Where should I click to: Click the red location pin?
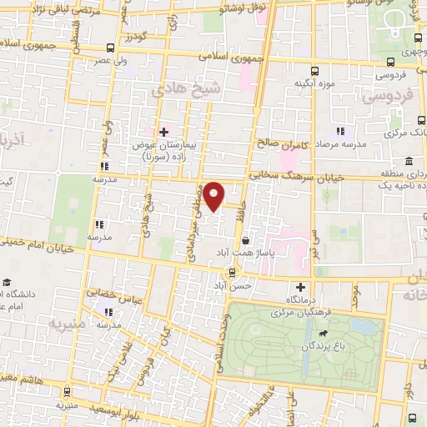tap(214, 195)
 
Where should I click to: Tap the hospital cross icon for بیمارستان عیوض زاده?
tap(163, 131)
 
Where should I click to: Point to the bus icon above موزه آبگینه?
tap(314, 71)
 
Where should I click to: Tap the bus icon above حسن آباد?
tap(233, 272)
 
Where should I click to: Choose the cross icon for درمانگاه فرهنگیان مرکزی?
tap(289, 286)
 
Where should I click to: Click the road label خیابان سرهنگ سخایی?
tap(287, 176)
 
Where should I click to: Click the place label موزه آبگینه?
tap(314, 85)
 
